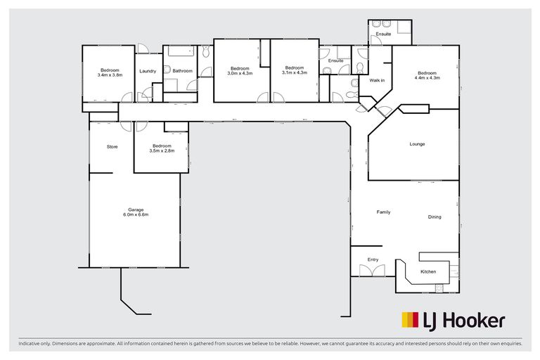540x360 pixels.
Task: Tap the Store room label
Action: (x=112, y=147)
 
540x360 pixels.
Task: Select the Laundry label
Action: (x=147, y=70)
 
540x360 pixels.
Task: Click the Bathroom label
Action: (x=182, y=70)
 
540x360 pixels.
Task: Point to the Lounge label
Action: (x=418, y=144)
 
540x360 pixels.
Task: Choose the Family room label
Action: (x=383, y=212)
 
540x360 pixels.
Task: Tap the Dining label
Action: (x=435, y=217)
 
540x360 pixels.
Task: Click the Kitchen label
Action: (x=428, y=271)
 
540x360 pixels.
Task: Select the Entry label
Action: (x=373, y=259)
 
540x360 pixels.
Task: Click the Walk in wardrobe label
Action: (x=377, y=80)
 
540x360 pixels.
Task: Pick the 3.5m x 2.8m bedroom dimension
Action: (x=162, y=151)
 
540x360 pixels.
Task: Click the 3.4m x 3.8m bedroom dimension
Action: (x=110, y=75)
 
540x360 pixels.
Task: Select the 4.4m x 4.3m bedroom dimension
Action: (x=427, y=77)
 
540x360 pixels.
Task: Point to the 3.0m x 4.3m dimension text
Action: (x=240, y=73)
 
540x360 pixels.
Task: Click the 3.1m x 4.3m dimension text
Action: (x=295, y=73)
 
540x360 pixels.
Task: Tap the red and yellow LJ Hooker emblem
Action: (x=410, y=321)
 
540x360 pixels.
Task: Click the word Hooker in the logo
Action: (x=473, y=321)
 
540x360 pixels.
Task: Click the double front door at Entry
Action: (x=369, y=271)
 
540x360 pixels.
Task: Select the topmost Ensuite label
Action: (x=383, y=34)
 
